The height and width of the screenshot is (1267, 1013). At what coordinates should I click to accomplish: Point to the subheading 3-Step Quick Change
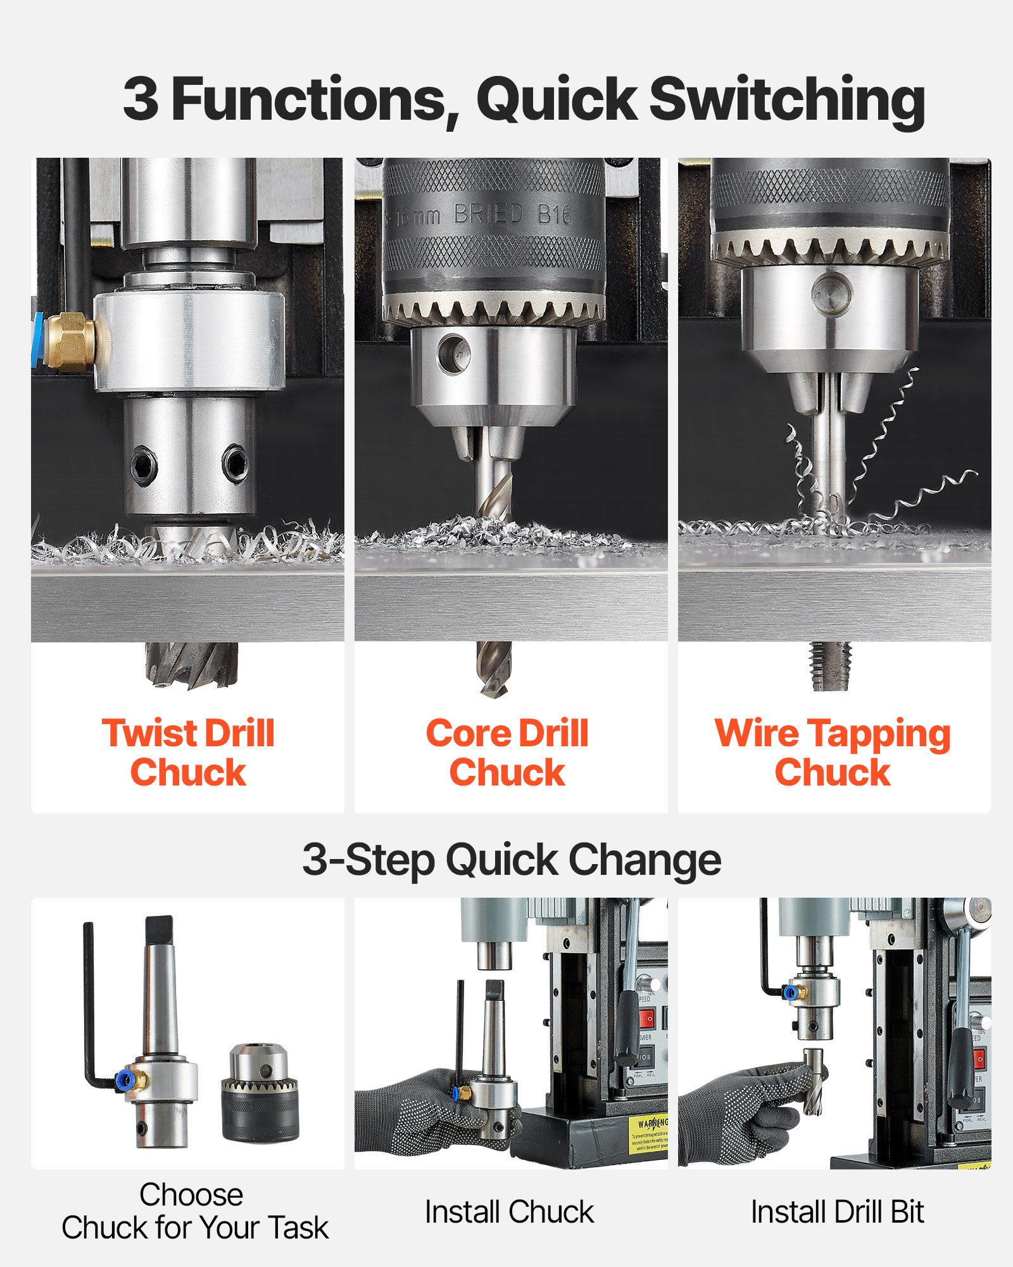[512, 860]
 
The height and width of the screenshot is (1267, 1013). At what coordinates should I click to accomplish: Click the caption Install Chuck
[509, 1212]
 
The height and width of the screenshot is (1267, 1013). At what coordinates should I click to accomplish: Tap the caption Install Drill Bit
[837, 1212]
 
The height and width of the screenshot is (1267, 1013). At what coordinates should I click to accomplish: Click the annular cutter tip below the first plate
[191, 665]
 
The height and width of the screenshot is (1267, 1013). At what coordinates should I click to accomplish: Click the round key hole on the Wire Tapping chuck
[831, 293]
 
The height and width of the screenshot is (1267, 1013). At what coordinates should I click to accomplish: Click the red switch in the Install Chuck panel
[646, 1019]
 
